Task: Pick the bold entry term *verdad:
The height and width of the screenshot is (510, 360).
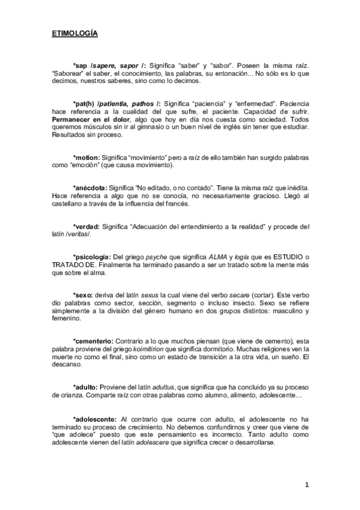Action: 87,226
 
